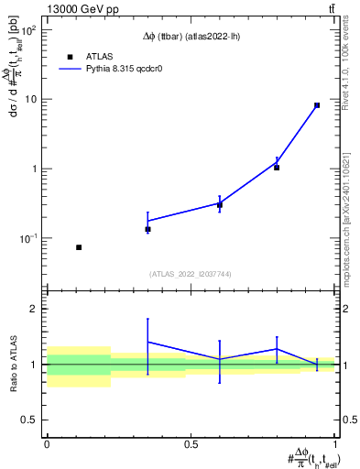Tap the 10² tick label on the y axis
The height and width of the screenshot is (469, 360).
pos(27,30)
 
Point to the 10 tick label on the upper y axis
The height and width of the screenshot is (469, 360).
pos(30,99)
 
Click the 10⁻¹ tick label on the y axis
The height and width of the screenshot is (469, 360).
pos(27,238)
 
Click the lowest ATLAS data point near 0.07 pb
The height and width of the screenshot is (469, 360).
pos(79,247)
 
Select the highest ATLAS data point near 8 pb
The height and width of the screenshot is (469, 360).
pos(317,105)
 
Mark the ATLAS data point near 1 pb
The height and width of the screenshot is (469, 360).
pos(277,168)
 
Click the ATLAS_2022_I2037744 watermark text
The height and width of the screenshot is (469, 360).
pos(191,274)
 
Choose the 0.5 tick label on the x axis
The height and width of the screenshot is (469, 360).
pos(191,444)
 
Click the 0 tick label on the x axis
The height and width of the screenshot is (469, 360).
pos(47,444)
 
